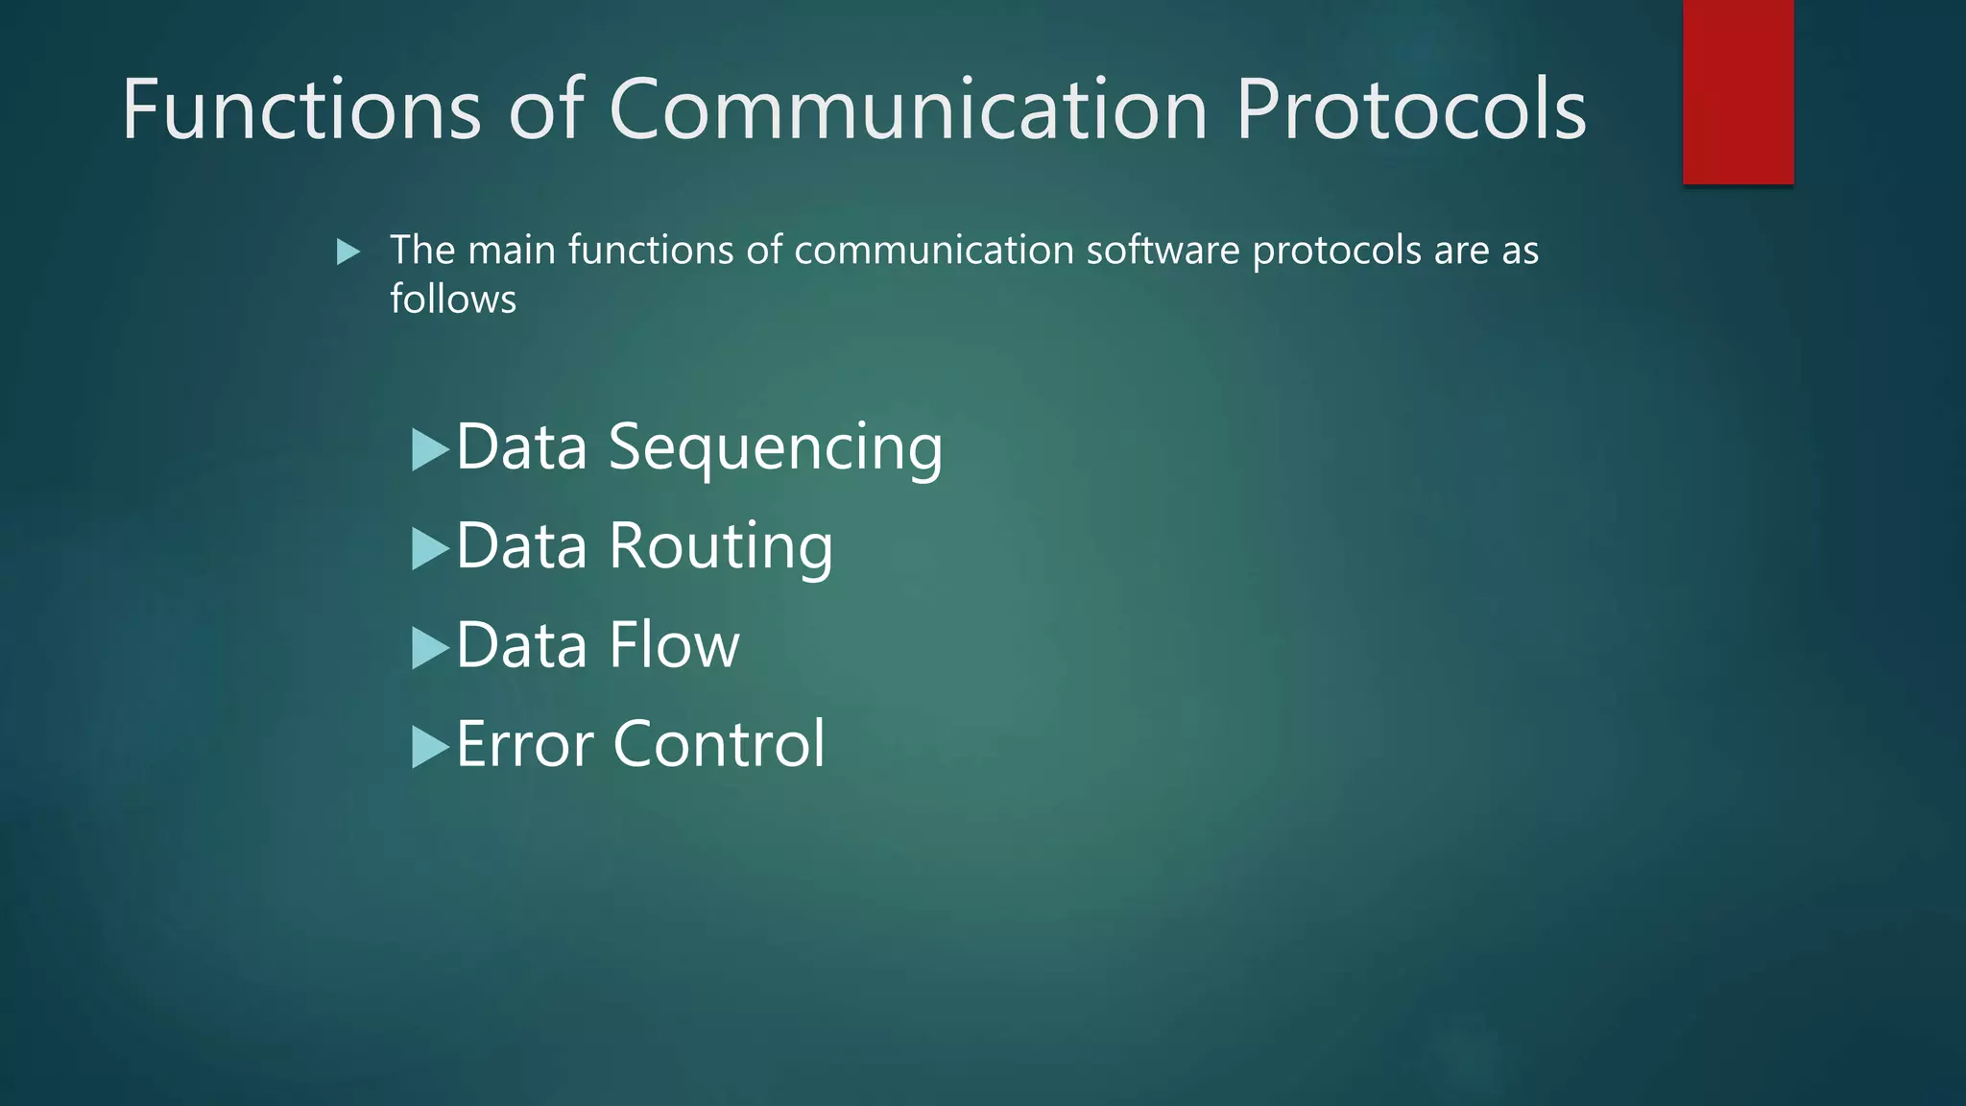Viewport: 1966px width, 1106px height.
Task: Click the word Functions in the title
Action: pyautogui.click(x=300, y=109)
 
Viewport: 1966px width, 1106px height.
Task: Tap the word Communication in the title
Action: pyautogui.click(x=907, y=109)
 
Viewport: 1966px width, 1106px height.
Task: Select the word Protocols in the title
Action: pyautogui.click(x=1410, y=109)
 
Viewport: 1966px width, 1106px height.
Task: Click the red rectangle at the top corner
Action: pyautogui.click(x=1738, y=91)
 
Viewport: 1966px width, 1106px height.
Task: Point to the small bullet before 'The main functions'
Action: pyautogui.click(x=348, y=252)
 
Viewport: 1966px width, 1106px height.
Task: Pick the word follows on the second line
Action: pyautogui.click(x=453, y=300)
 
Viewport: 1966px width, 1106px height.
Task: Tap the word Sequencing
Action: pyautogui.click(x=776, y=448)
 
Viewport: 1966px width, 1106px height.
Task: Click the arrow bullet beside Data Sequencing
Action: pyautogui.click(x=429, y=449)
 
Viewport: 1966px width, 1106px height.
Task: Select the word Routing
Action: pyautogui.click(x=721, y=547)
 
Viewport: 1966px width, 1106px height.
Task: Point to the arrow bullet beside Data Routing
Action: pyautogui.click(x=429, y=549)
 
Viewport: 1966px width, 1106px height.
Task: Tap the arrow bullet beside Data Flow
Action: pyautogui.click(x=429, y=648)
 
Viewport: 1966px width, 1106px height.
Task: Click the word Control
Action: pyautogui.click(x=719, y=744)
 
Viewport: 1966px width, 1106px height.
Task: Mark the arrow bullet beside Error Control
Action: pyautogui.click(x=429, y=747)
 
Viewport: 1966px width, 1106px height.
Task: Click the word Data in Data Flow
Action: pyautogui.click(x=521, y=645)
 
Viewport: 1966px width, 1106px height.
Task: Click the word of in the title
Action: pyautogui.click(x=546, y=109)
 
